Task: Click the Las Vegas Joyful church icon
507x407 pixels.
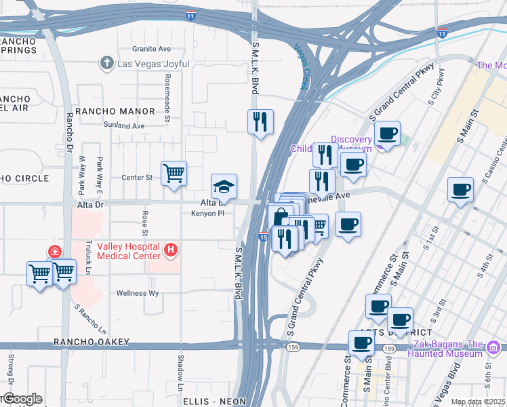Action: pos(106,64)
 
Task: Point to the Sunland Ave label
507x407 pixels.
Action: pos(124,125)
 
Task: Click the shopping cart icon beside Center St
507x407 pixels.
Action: pos(174,174)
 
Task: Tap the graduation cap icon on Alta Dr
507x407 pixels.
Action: pos(224,186)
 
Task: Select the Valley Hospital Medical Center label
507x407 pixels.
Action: pos(128,251)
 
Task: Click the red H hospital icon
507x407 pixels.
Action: pos(171,251)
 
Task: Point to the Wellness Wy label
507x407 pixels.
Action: pos(138,294)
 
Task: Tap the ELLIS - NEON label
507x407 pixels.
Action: pos(214,402)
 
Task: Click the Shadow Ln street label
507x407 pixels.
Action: pos(181,367)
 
